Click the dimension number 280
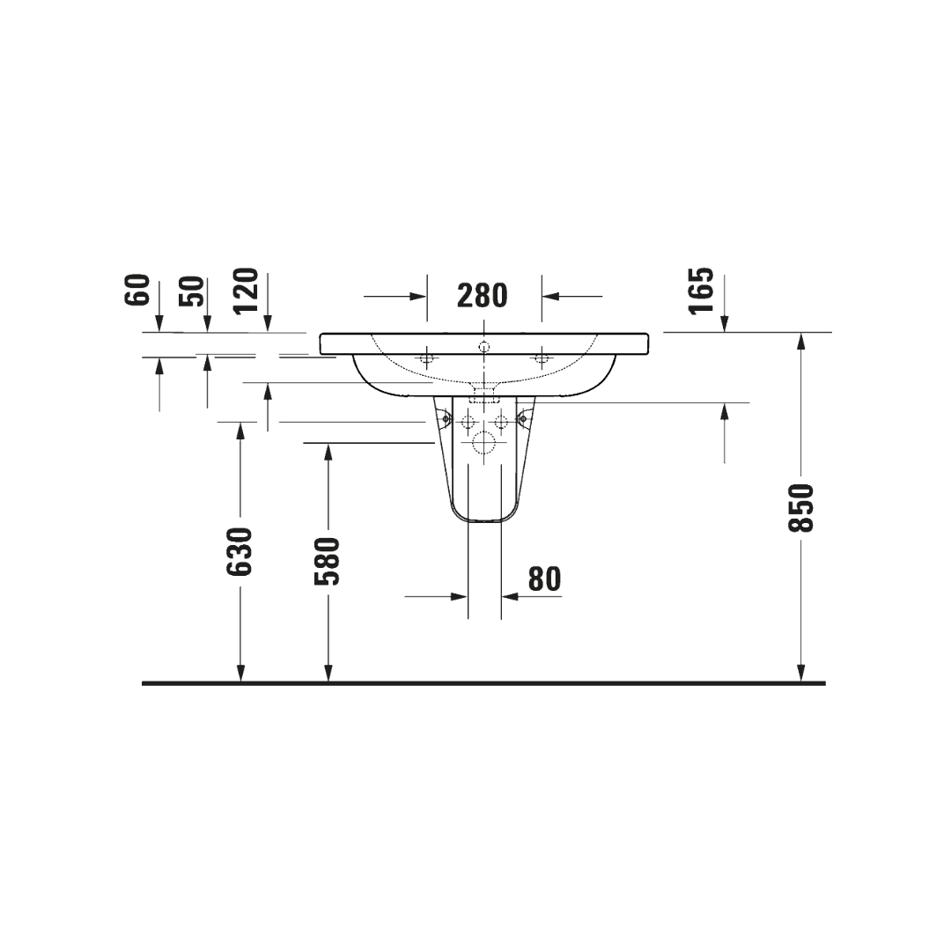click(x=482, y=296)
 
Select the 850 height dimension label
click(x=800, y=508)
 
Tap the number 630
click(x=239, y=552)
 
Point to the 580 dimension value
click(x=327, y=561)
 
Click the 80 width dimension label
click(x=545, y=579)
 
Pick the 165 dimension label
click(x=702, y=291)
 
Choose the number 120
click(x=247, y=290)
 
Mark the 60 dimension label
click(x=137, y=290)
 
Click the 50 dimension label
click(x=192, y=291)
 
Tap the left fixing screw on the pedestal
click(x=446, y=418)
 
